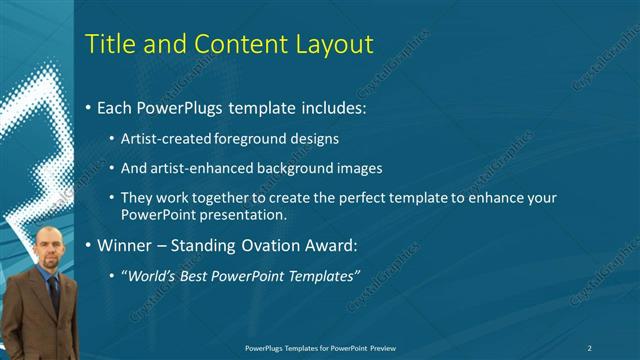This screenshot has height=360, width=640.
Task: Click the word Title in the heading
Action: [x=109, y=45]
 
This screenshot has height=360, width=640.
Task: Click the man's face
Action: [x=48, y=247]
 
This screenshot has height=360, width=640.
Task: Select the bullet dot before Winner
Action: [x=89, y=245]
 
